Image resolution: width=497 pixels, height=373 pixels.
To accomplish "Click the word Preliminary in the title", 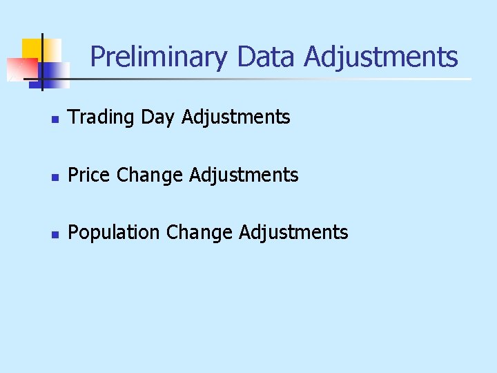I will coord(158,57).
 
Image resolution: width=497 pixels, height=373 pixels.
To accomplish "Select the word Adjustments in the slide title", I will coord(381,57).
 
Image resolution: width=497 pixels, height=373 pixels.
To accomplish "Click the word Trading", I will coord(101,117).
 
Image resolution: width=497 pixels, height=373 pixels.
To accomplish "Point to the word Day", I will coord(158,118).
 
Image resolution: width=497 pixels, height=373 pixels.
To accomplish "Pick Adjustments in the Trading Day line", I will coord(236,117).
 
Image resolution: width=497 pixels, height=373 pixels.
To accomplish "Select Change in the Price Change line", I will coord(150,175).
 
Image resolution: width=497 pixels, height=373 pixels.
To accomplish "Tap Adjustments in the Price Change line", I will coord(244,175).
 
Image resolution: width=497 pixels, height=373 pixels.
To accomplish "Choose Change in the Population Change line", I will coord(199,233).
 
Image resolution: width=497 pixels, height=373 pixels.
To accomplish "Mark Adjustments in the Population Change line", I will coord(294,233).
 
